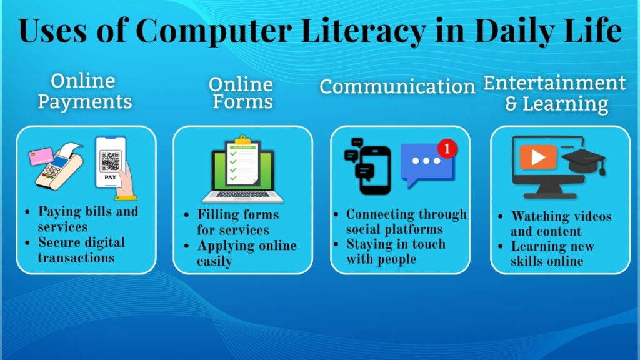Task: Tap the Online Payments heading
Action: click(84, 91)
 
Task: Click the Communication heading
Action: click(397, 86)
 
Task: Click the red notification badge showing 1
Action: click(447, 149)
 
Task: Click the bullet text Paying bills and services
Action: click(87, 219)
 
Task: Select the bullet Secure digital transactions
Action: click(81, 249)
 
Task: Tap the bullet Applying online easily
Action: click(246, 253)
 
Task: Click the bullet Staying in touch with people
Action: click(395, 251)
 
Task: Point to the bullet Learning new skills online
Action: click(552, 254)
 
